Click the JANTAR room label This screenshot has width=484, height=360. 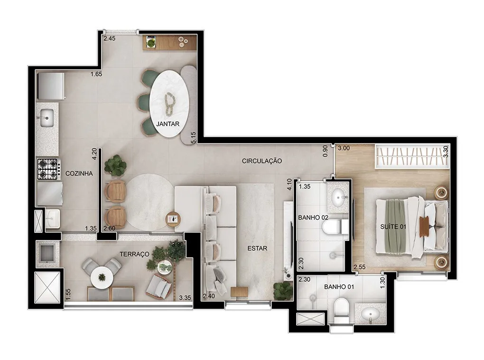[x=168, y=124]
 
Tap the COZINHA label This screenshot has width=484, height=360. [x=79, y=174]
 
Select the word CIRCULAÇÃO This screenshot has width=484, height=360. [x=262, y=161]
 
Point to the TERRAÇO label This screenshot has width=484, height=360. [x=134, y=254]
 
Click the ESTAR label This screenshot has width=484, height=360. [x=258, y=249]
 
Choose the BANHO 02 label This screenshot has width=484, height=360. [x=313, y=218]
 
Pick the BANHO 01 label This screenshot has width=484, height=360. [x=339, y=287]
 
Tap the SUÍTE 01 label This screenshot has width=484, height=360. [x=393, y=227]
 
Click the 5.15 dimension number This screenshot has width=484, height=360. [x=194, y=138]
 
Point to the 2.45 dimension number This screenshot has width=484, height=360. [x=109, y=39]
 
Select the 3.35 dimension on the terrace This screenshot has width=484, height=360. [x=185, y=298]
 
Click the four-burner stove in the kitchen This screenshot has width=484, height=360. [x=48, y=169]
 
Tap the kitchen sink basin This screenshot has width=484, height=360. [x=47, y=118]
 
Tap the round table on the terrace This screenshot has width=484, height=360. [x=102, y=277]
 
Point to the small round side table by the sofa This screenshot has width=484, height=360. [x=174, y=219]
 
